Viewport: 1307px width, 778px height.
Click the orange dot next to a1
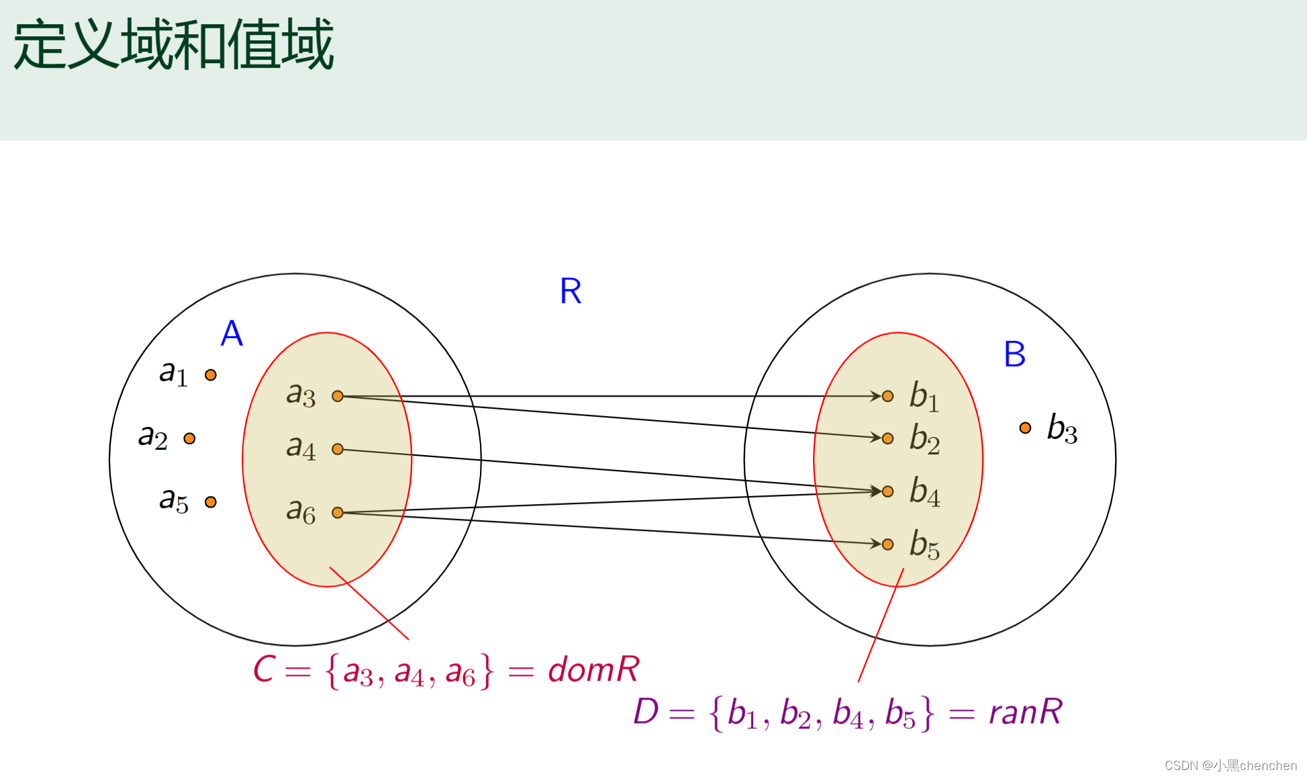[x=211, y=375]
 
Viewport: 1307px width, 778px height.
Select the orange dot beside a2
[x=189, y=438]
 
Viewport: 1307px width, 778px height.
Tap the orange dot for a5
[x=211, y=502]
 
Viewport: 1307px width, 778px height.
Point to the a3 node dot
[x=338, y=396]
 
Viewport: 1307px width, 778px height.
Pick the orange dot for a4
[x=338, y=449]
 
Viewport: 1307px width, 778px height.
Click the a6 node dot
[x=338, y=513]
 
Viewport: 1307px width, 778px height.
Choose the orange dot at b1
[x=887, y=396]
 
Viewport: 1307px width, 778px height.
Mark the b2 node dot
[x=887, y=438]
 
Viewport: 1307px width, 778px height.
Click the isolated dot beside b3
[x=1025, y=428]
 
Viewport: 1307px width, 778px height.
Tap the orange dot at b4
[x=887, y=491]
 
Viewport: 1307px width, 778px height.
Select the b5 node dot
[x=887, y=544]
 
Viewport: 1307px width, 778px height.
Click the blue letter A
[x=232, y=333]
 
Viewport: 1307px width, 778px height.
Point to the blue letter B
[x=1014, y=354]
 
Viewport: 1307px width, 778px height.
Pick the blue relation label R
[x=571, y=291]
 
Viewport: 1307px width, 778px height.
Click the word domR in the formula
[x=593, y=670]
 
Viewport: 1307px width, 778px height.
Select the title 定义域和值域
[x=173, y=45]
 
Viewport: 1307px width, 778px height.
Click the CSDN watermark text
[x=1230, y=765]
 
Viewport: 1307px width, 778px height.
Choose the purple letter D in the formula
[x=646, y=712]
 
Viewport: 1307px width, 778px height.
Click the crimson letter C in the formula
[x=264, y=670]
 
